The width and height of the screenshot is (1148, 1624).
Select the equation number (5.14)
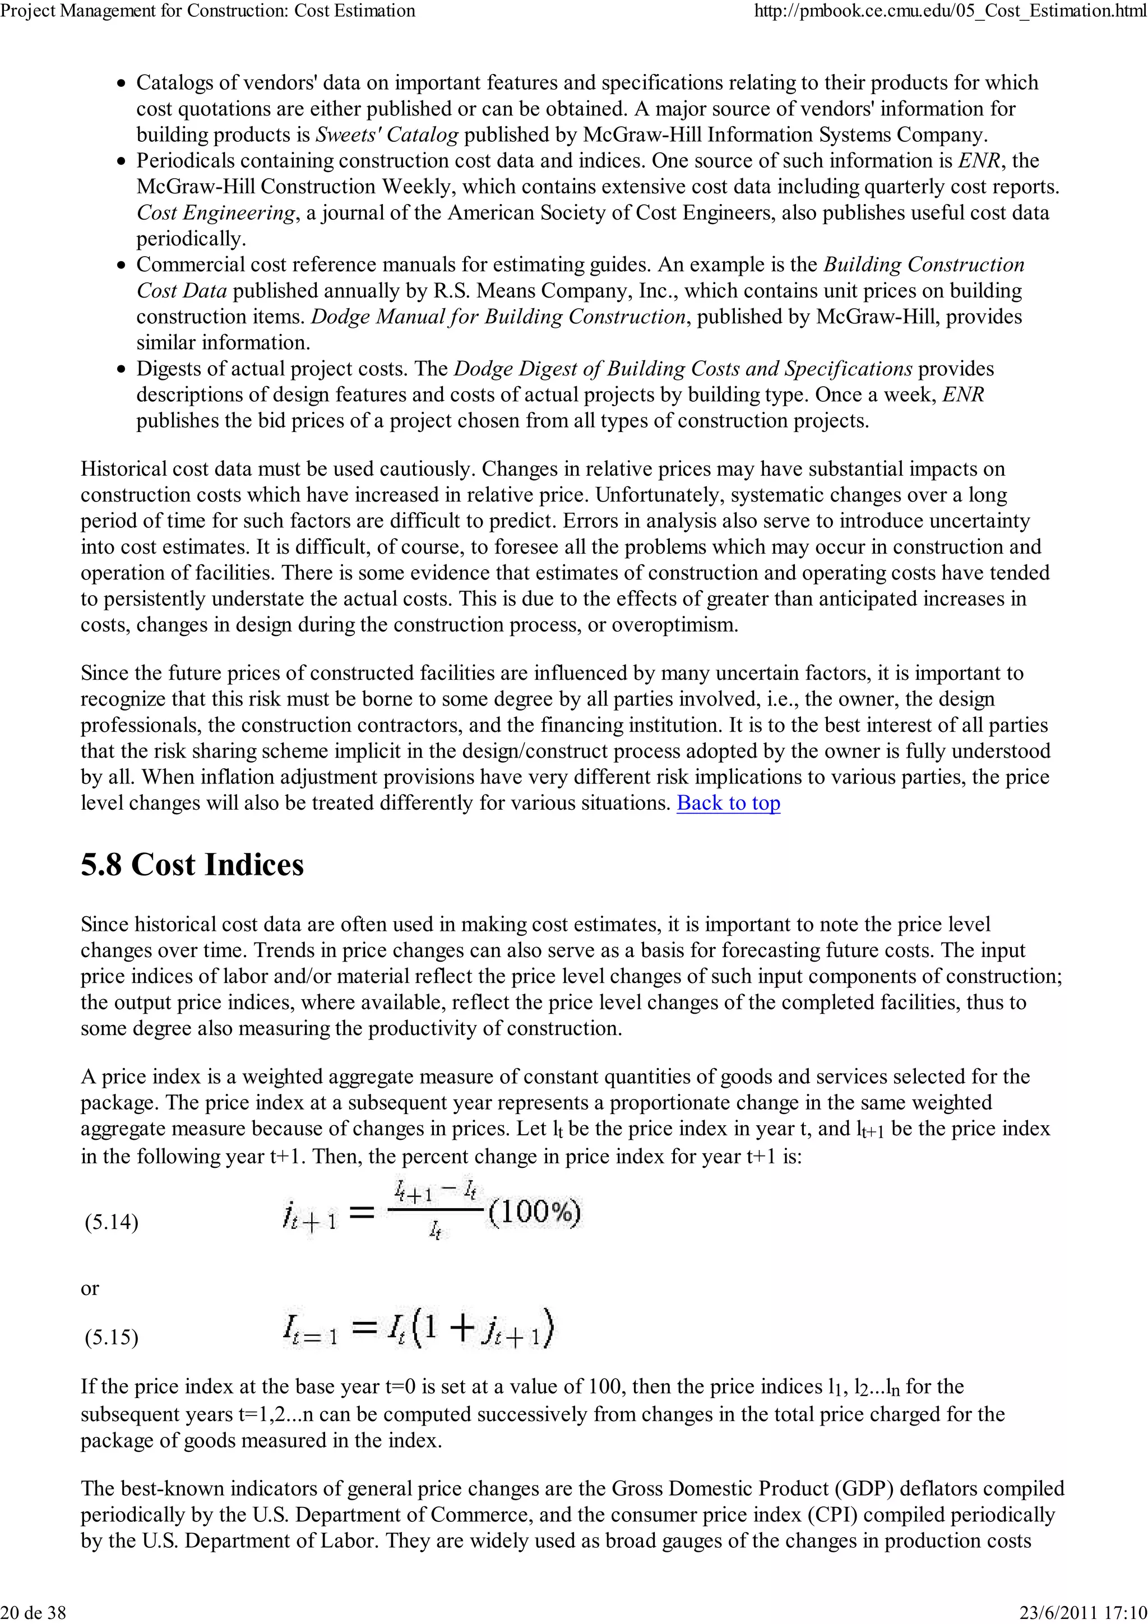tap(111, 1222)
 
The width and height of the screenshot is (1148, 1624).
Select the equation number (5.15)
tap(111, 1337)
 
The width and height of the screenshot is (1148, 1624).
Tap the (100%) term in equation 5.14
tap(534, 1213)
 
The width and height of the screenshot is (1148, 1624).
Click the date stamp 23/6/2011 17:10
tap(1083, 1612)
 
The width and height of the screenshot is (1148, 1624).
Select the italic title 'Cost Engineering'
tap(216, 213)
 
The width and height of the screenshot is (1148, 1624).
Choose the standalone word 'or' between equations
tap(90, 1288)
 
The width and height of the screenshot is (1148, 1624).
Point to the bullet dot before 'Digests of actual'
tap(122, 370)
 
